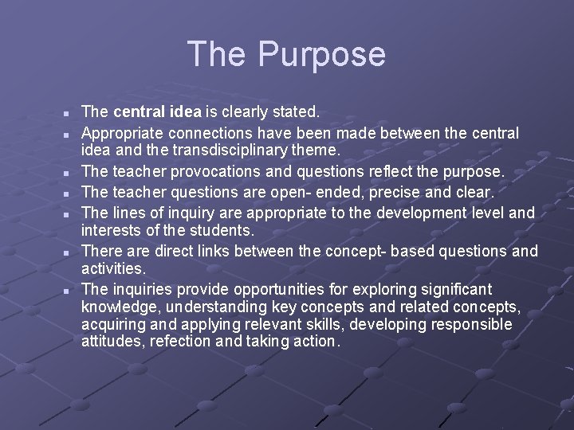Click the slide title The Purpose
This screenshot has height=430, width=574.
click(286, 54)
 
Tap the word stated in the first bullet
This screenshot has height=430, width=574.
click(294, 112)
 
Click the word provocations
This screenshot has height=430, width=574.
click(251, 171)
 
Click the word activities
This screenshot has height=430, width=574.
click(113, 270)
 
